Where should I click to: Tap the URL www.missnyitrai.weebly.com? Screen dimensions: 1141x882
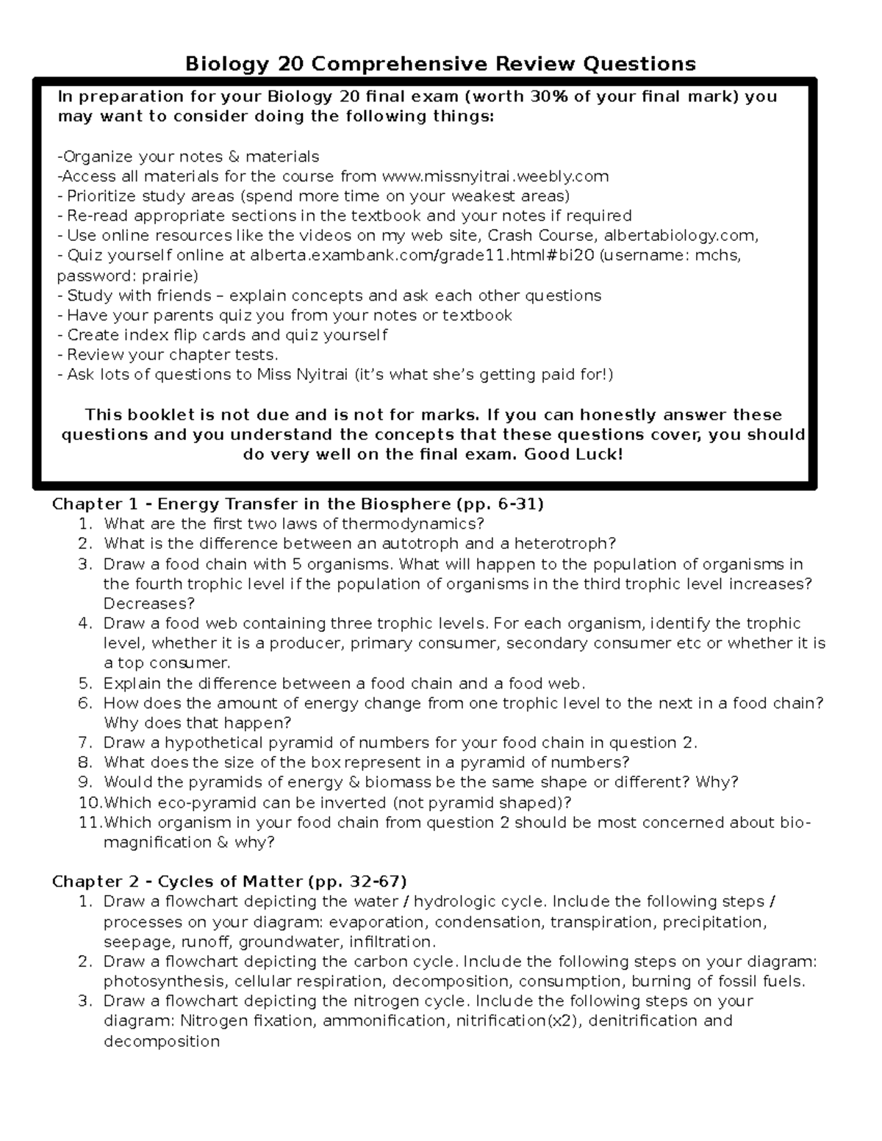[x=495, y=176]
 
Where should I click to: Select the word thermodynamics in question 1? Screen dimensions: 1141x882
[x=413, y=524]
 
